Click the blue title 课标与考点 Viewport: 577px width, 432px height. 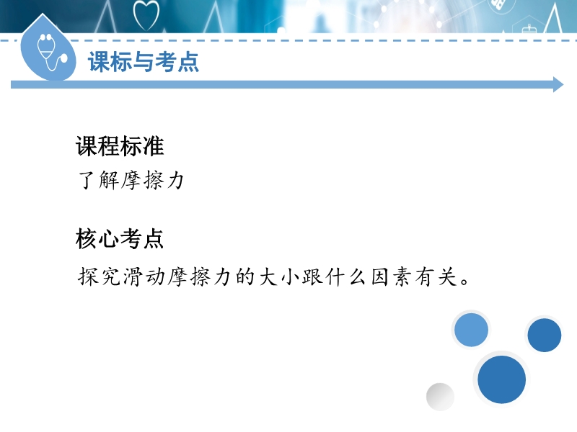tap(144, 61)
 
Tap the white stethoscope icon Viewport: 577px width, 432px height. tap(51, 52)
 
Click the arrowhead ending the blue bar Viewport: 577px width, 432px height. tap(558, 85)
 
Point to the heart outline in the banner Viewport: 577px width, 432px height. tap(146, 15)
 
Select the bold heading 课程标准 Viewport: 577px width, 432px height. tap(120, 146)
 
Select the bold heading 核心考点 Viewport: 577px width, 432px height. tap(120, 238)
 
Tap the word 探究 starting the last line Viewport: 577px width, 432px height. tap(100, 276)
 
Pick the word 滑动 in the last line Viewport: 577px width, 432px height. tap(144, 276)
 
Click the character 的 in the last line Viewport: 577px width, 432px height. tap(245, 276)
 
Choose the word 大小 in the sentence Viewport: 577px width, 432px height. tap(279, 276)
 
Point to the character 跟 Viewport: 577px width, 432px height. tap(313, 276)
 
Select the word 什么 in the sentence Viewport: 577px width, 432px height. tap(346, 276)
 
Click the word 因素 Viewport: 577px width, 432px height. tap(391, 276)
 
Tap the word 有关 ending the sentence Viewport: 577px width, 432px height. tap(436, 276)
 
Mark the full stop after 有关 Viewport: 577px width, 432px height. tap(464, 282)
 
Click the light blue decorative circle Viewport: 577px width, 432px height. tap(471, 330)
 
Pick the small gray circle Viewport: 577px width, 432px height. tap(440, 397)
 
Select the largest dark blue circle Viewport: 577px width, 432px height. tap(501, 379)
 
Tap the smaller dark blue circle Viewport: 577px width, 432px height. tap(545, 335)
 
